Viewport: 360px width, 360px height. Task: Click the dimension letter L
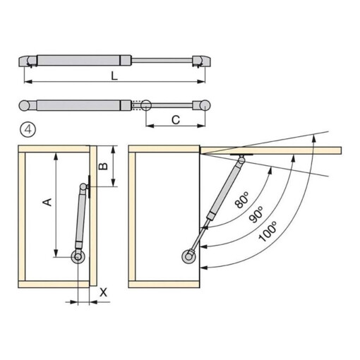pos(114,76)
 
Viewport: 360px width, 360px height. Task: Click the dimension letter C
pos(176,120)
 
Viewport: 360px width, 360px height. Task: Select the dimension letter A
pos(47,202)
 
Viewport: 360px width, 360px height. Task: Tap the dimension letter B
pos(103,167)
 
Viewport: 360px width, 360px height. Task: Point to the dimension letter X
pos(103,292)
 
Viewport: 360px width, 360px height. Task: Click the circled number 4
pos(28,129)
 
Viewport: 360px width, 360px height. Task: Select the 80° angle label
pos(241,200)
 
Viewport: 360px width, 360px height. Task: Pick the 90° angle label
pos(256,215)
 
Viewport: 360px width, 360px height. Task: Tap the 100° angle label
pos(268,232)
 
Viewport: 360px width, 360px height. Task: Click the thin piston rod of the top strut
pos(162,61)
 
